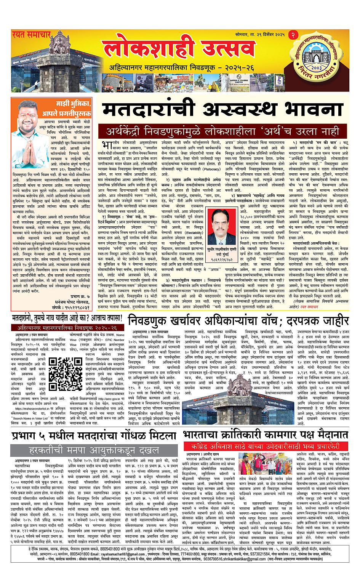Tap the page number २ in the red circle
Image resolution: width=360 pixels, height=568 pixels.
[x=293, y=35]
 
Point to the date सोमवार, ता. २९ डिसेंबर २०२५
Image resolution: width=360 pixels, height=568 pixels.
[x=260, y=35]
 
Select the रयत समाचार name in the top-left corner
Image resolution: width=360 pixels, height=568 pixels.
[x=31, y=35]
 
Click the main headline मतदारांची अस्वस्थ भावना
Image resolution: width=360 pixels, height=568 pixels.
[x=223, y=110]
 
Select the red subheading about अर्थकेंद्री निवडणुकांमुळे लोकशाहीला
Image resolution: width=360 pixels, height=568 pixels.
[x=223, y=132]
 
